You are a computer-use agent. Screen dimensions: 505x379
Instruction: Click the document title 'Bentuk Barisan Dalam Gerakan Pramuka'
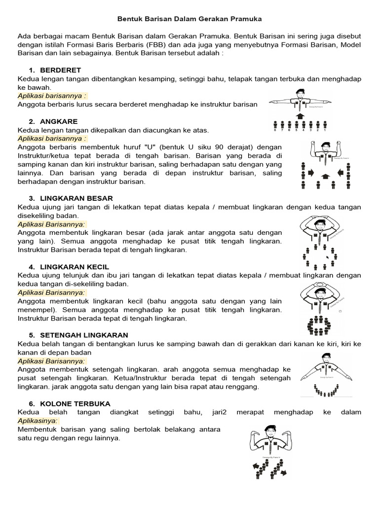(x=189, y=19)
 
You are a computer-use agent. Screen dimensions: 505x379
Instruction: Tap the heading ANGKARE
(x=59, y=121)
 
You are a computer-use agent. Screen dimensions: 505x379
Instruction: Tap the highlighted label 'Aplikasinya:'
(x=38, y=421)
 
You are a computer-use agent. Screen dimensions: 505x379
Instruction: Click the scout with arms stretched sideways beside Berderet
(x=301, y=102)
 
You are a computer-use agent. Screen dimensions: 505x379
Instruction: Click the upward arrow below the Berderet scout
(x=300, y=116)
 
